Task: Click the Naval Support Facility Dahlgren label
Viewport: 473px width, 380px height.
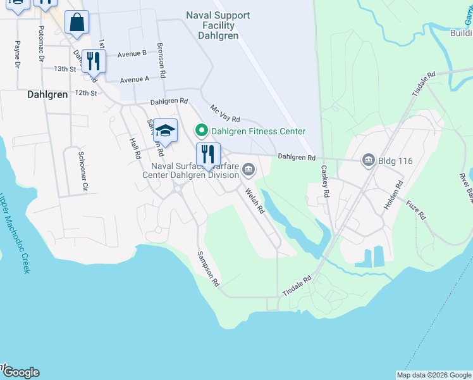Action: (218, 25)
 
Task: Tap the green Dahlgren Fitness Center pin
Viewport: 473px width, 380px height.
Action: (202, 131)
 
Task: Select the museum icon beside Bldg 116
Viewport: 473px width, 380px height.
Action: (368, 161)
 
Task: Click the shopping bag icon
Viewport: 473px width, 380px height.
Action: (77, 23)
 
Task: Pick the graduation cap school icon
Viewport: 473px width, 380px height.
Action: (165, 131)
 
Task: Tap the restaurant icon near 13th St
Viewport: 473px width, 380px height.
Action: (94, 61)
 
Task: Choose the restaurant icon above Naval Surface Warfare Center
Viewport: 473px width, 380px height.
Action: (208, 154)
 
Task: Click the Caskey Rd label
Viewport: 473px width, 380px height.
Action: (326, 182)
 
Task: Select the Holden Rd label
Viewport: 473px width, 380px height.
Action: (393, 196)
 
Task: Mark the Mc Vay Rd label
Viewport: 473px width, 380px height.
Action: (225, 114)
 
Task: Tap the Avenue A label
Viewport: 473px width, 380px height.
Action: (134, 80)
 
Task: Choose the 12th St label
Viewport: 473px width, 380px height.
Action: (85, 92)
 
